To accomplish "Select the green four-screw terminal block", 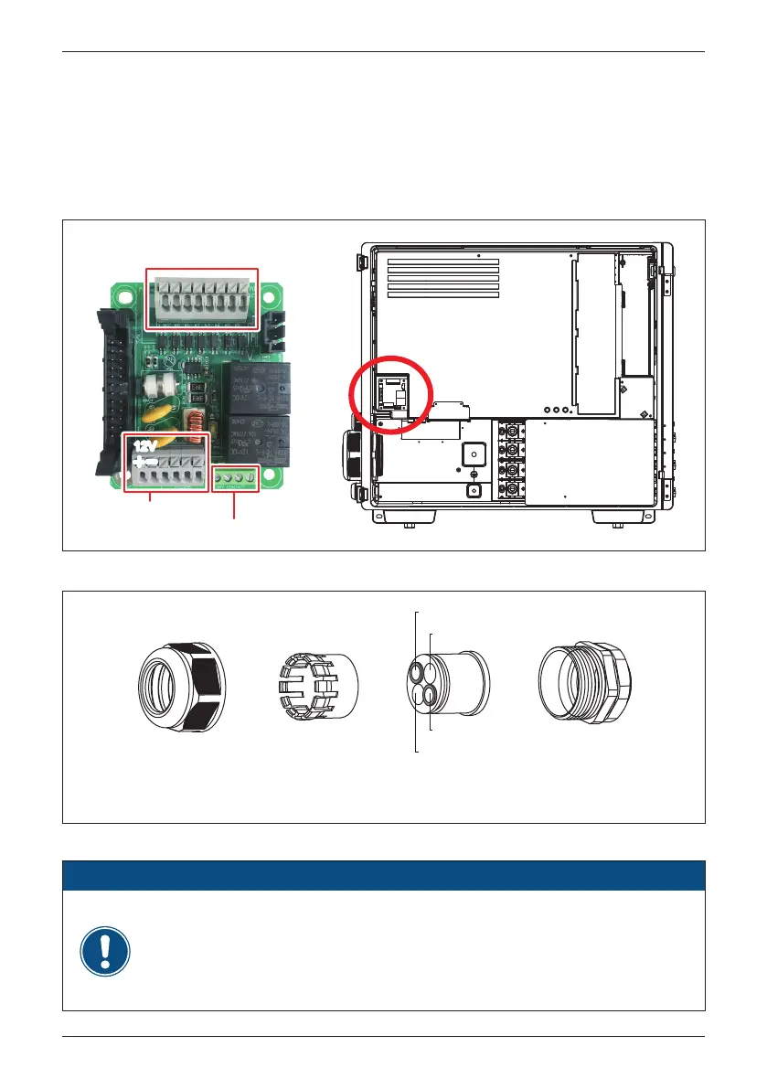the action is (x=235, y=477).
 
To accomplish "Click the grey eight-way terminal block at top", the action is (x=203, y=297).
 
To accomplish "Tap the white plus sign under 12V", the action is (x=141, y=460).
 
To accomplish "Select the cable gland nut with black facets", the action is (x=182, y=687).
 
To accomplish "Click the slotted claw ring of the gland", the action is (x=316, y=687).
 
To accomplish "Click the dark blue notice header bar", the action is (x=383, y=875).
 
